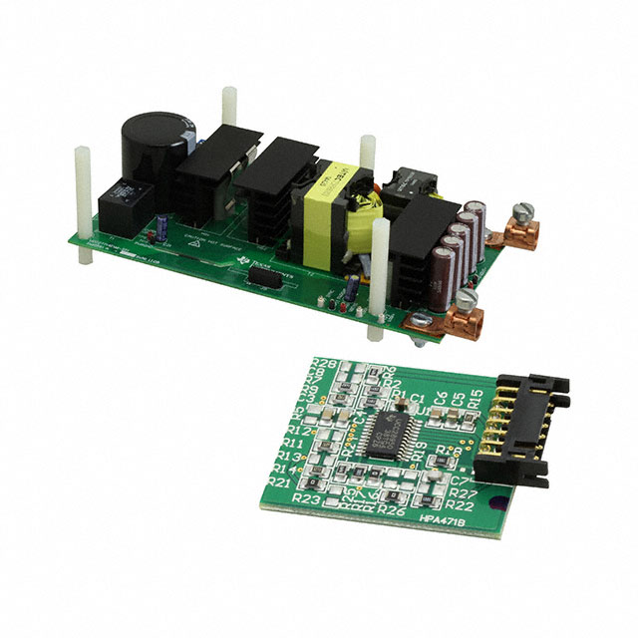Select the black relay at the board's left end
(122, 200)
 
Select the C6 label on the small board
(441, 398)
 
